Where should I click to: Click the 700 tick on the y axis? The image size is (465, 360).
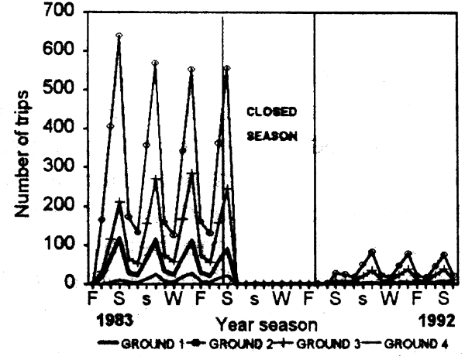(x=65, y=12)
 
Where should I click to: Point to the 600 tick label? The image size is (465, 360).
(x=65, y=51)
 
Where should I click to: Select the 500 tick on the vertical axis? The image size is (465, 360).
(x=65, y=90)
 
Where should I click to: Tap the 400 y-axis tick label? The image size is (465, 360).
(x=65, y=129)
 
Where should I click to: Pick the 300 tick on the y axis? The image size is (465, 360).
(x=65, y=167)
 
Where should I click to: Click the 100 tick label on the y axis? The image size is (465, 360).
(x=65, y=245)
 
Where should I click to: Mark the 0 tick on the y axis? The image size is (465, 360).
(x=75, y=283)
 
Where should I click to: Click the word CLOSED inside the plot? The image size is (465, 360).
(x=267, y=111)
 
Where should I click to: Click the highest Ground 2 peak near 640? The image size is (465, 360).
(x=119, y=36)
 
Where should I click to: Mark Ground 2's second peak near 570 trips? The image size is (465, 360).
(x=155, y=63)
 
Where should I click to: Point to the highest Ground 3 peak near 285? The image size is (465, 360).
(x=191, y=173)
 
